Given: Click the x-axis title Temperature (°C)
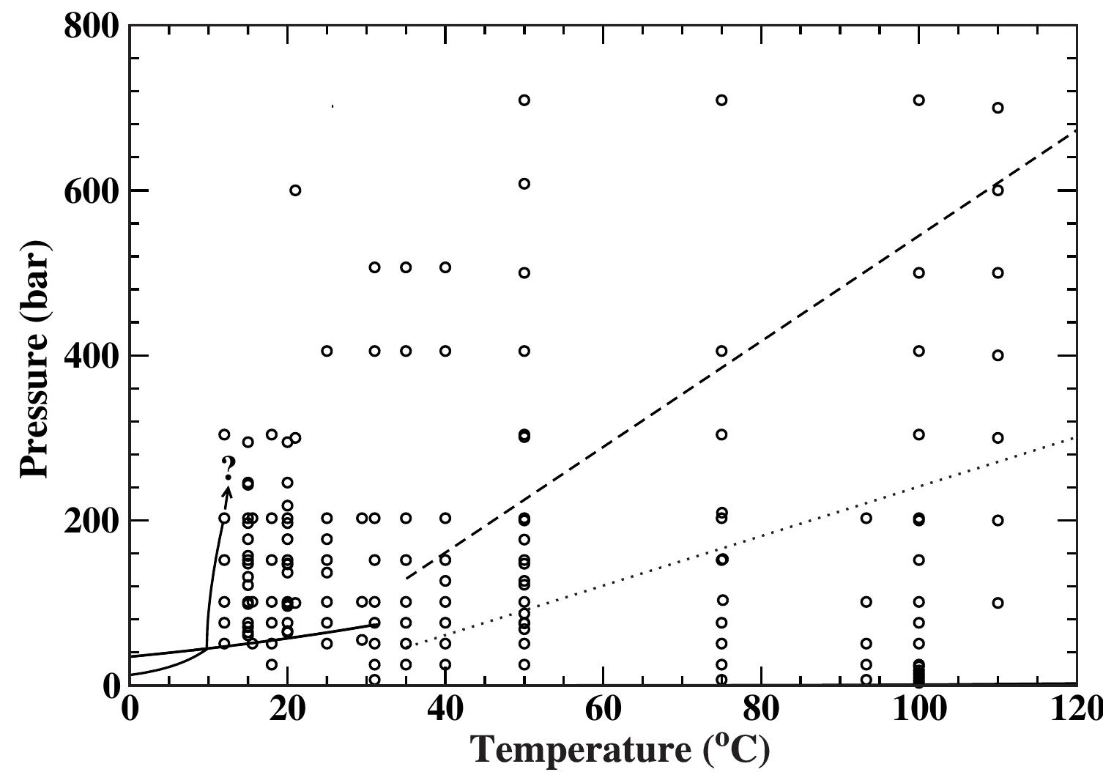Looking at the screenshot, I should [x=620, y=749].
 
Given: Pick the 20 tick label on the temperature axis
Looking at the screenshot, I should [x=287, y=710].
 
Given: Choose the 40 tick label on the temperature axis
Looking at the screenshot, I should [x=445, y=710].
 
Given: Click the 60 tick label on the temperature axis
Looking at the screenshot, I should [x=603, y=710].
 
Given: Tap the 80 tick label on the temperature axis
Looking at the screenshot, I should [x=761, y=710].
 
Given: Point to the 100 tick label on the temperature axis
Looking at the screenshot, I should [x=918, y=710].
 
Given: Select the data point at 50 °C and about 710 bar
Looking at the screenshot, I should [x=524, y=100].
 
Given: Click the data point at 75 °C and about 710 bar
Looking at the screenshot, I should [x=721, y=100].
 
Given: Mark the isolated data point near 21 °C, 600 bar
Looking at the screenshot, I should [x=295, y=190].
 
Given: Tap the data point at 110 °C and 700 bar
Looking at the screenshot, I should [x=998, y=108].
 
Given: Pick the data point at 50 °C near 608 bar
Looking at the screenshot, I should [x=524, y=184].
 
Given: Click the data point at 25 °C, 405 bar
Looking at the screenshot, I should [x=327, y=351].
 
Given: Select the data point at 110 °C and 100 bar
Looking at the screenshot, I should [x=998, y=603].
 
